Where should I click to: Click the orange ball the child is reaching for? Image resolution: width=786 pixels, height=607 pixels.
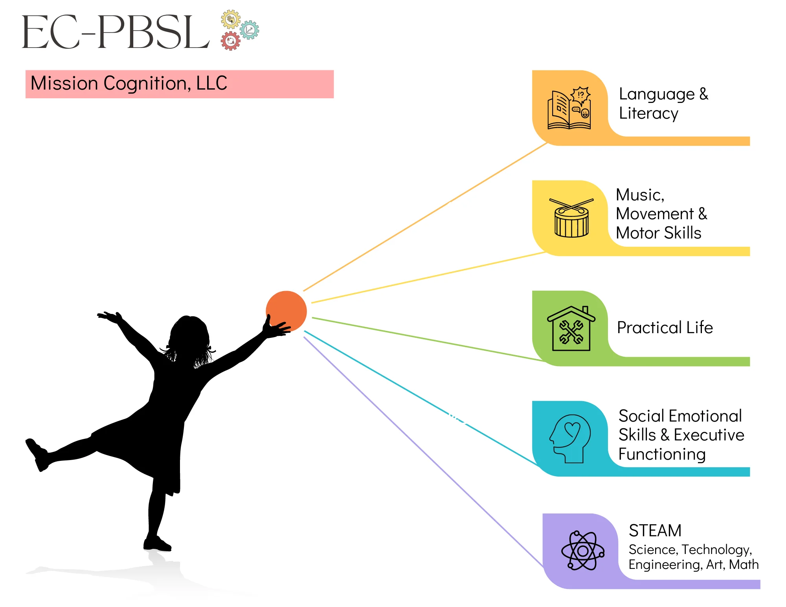[286, 311]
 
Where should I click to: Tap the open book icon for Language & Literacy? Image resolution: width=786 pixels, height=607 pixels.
[569, 108]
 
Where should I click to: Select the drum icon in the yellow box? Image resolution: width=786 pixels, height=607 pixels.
[571, 218]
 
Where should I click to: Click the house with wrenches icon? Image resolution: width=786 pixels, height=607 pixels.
[571, 328]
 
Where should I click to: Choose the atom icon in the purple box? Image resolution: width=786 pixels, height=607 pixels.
[583, 550]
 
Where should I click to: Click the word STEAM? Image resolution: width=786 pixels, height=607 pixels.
[655, 530]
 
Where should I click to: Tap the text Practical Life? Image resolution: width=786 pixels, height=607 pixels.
[665, 327]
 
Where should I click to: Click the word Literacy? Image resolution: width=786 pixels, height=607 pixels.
[648, 114]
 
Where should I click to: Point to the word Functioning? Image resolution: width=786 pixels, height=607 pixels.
[662, 454]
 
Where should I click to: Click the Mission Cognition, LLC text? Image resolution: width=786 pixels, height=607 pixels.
[129, 83]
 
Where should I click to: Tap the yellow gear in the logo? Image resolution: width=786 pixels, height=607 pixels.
[231, 19]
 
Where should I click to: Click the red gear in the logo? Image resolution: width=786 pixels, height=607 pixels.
[231, 40]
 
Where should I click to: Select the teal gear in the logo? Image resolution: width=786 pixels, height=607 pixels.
[250, 30]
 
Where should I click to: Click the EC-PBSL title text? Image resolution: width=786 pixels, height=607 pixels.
[116, 32]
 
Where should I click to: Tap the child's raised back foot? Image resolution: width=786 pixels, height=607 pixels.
[37, 455]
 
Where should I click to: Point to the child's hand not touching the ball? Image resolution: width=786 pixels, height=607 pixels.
[110, 317]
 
